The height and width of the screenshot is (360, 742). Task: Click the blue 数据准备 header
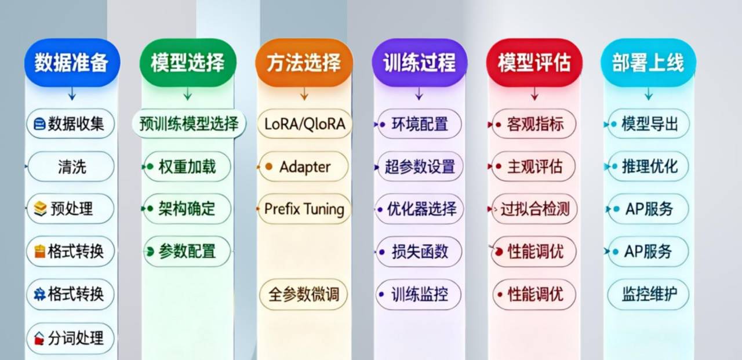point(71,63)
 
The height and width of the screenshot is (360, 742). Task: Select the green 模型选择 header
point(187,63)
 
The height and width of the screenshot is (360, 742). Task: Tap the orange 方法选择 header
point(303,63)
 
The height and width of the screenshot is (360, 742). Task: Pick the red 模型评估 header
point(534,63)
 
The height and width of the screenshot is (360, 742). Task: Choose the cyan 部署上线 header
point(648,63)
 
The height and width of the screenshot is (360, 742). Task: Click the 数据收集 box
point(70,123)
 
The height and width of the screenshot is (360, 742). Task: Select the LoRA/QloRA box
point(304,123)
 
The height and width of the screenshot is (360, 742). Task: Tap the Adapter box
point(304,167)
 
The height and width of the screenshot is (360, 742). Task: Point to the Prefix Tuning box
point(304,209)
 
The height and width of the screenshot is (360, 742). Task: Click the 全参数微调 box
point(304,294)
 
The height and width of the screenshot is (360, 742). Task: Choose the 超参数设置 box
point(420,167)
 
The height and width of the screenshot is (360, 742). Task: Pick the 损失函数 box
point(420,252)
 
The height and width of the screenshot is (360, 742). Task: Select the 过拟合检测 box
point(534,209)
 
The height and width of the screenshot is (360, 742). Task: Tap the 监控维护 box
point(648,294)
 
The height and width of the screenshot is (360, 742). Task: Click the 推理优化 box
point(648,167)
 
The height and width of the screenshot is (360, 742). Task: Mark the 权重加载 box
point(187,167)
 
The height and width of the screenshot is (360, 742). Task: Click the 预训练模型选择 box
point(188,123)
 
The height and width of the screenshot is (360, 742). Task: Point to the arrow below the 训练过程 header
point(419,94)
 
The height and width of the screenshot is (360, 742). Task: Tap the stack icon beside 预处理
point(40,209)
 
